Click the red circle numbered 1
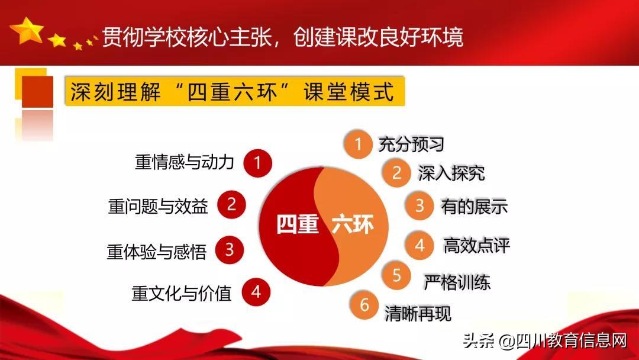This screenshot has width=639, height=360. [257, 162]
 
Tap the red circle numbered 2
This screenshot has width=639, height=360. [231, 204]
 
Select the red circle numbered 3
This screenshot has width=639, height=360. [229, 250]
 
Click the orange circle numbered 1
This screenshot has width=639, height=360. [358, 144]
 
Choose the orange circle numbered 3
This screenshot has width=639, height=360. [419, 205]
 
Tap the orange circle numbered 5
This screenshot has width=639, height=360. [397, 275]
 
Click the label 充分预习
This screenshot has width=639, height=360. [411, 144]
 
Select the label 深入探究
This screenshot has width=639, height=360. [451, 173]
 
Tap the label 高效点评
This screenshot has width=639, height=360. [476, 246]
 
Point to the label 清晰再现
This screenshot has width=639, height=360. [418, 313]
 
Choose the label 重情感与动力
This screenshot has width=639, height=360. [185, 163]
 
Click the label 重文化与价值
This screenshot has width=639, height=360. [181, 292]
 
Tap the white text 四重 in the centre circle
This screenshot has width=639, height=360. [298, 226]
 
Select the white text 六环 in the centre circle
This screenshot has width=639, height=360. [353, 226]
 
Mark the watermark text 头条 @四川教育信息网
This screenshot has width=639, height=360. [545, 341]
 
